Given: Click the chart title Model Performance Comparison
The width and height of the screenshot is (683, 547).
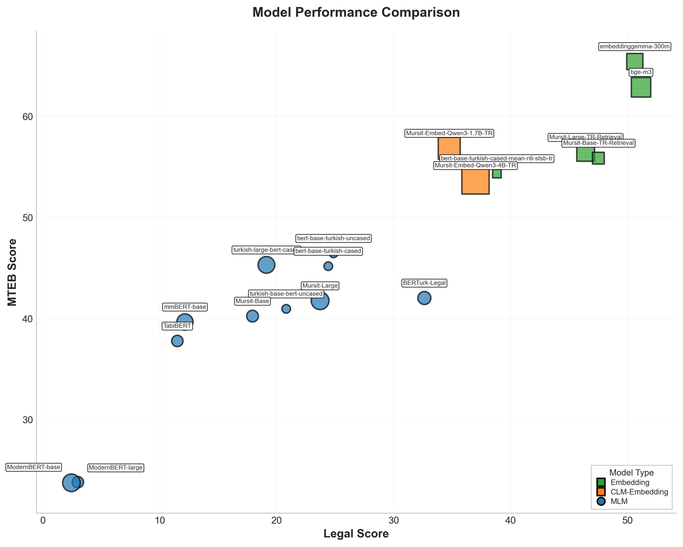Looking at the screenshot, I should click(x=356, y=12).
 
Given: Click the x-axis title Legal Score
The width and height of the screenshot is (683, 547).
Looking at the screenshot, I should click(x=356, y=534).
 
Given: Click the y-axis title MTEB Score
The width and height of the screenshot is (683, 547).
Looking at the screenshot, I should click(x=12, y=272).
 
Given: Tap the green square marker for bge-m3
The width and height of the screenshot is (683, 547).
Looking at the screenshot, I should click(x=641, y=87).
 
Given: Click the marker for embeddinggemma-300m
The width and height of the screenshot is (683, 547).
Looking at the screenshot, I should click(x=634, y=61).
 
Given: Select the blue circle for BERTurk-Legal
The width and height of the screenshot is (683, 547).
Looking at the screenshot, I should click(x=424, y=298).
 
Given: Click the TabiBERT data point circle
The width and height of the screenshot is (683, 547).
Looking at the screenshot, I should click(x=177, y=341).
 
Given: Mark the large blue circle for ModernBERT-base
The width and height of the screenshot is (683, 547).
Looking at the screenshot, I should click(x=71, y=482).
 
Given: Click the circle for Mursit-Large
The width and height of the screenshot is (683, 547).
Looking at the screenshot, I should click(x=320, y=301).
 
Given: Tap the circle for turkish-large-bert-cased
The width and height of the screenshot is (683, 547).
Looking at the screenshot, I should click(x=266, y=265).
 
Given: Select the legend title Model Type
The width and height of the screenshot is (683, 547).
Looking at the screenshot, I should click(x=631, y=473).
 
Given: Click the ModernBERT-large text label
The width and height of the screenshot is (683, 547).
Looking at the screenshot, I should click(x=116, y=468).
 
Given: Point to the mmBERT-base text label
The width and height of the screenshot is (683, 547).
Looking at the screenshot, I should click(x=185, y=307).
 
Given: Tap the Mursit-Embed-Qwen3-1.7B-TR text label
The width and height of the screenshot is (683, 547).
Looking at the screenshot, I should click(x=449, y=133).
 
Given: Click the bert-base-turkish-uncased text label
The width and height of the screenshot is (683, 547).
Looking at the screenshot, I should click(x=333, y=238).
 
